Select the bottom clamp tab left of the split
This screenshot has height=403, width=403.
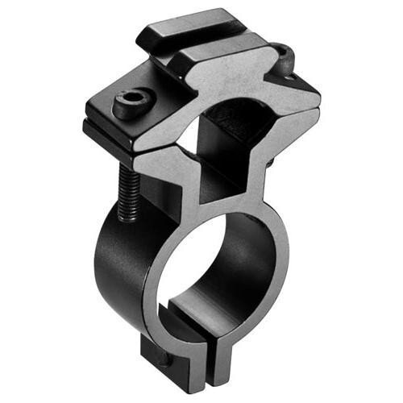165,355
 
